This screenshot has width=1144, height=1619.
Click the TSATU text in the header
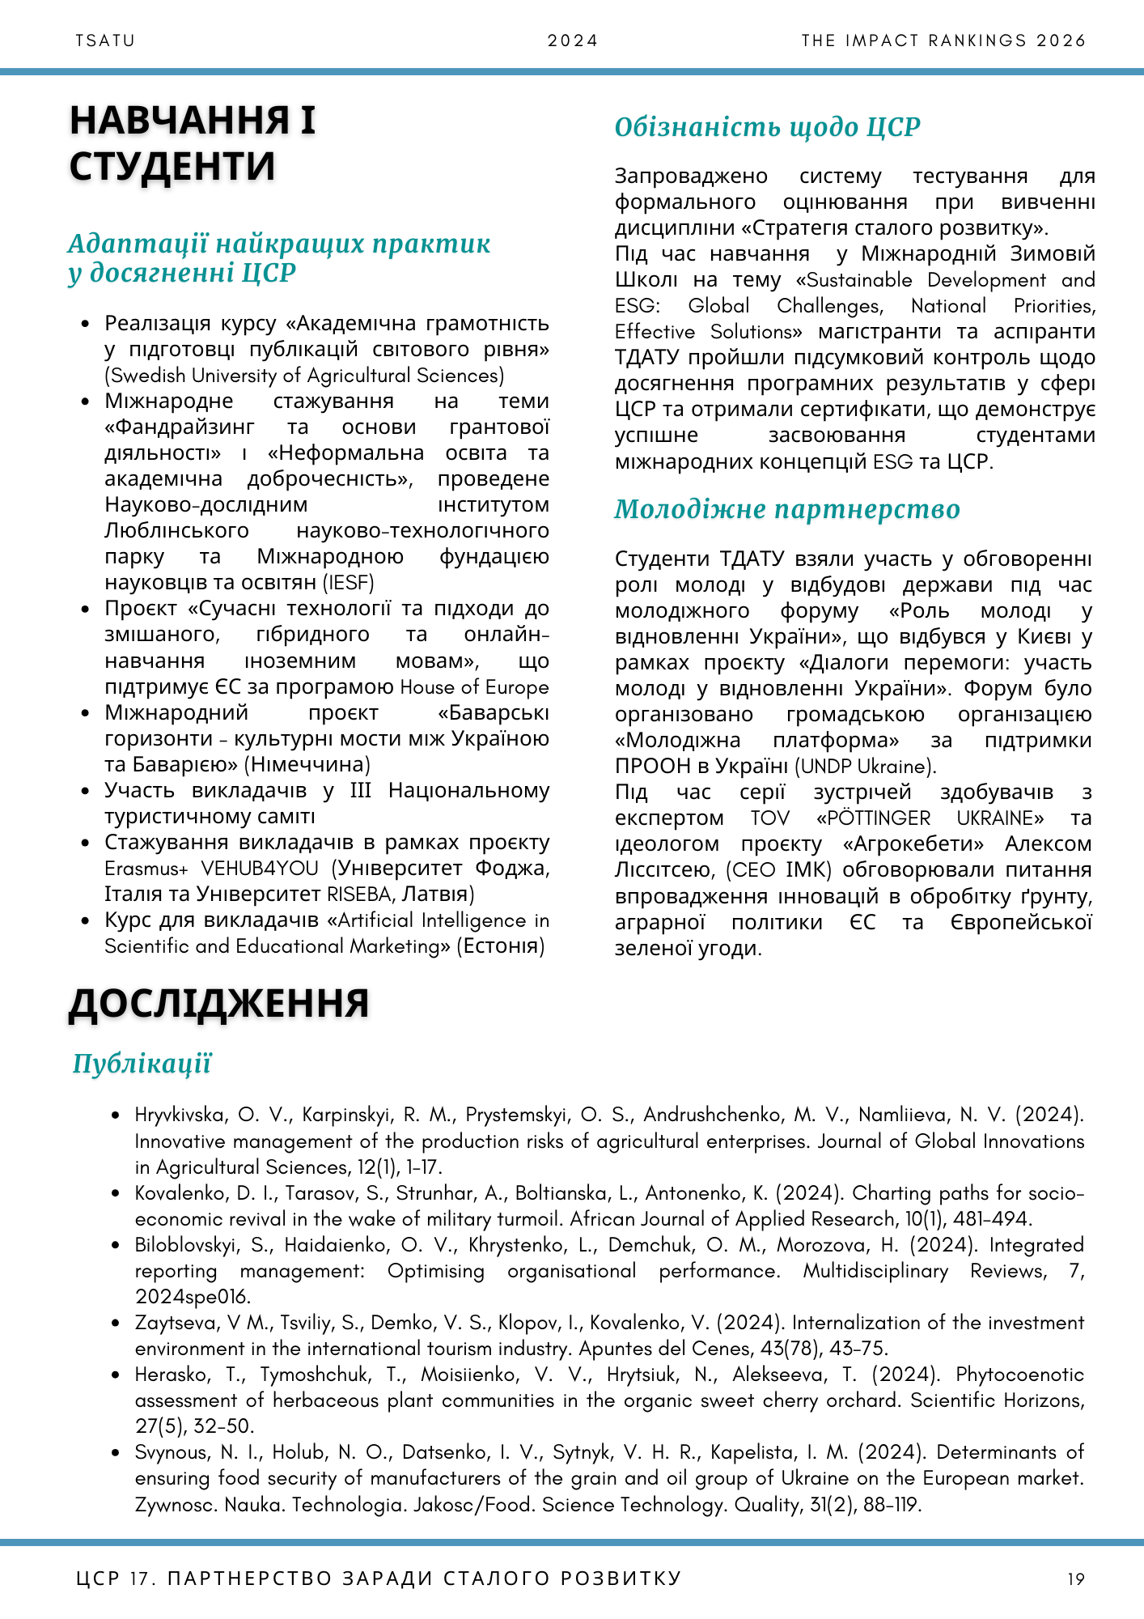[x=105, y=40]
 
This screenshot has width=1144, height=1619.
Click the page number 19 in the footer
[x=1076, y=1579]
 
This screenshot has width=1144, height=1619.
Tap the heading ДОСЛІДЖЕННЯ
[x=218, y=1003]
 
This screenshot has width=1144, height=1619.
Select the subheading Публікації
[x=142, y=1064]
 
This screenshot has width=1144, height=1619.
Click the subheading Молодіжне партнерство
[x=786, y=509]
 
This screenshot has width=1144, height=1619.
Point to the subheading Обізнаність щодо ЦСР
[x=767, y=127]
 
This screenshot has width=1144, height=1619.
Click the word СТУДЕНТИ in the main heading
[x=172, y=166]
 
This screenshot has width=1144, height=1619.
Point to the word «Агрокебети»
[x=913, y=843]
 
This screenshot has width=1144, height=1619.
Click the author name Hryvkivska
[x=180, y=1115]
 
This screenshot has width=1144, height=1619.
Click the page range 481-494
[x=990, y=1219]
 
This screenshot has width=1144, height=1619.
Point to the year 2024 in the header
[x=572, y=40]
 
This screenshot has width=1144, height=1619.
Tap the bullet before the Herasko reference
[x=118, y=1375]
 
